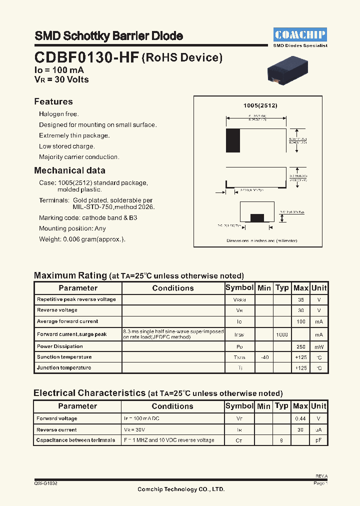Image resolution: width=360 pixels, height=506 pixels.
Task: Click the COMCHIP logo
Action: [x=300, y=34]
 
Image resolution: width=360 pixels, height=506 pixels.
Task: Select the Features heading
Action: [x=53, y=101]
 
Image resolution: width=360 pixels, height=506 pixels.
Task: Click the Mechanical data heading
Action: [x=69, y=170]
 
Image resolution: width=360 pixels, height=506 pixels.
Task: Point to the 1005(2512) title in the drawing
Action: [x=260, y=106]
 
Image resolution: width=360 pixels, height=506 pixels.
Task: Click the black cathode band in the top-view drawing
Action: [x=233, y=140]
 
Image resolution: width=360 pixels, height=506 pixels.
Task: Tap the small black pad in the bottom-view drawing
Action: [x=257, y=217]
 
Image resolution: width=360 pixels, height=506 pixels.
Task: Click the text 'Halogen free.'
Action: [x=59, y=114]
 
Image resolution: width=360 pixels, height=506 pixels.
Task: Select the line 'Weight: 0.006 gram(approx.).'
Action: [x=82, y=239]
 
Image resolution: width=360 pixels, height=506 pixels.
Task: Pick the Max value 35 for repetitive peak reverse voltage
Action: [x=300, y=300]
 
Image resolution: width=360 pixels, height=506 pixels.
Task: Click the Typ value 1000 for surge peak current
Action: [x=282, y=334]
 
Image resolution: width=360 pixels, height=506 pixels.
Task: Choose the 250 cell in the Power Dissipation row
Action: [x=300, y=346]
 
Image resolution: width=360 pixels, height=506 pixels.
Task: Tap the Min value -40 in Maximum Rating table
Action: [x=264, y=357]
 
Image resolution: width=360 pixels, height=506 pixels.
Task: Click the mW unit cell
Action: [x=318, y=346]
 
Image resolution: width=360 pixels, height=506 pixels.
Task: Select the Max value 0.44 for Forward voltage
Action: [x=300, y=418]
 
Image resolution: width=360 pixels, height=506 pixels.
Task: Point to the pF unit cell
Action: [x=318, y=440]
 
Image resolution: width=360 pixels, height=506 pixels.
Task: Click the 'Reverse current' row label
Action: [x=56, y=429]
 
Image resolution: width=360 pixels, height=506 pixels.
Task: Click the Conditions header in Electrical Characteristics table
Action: [x=172, y=406]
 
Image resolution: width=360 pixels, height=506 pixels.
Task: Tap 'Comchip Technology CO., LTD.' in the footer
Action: [x=181, y=489]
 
